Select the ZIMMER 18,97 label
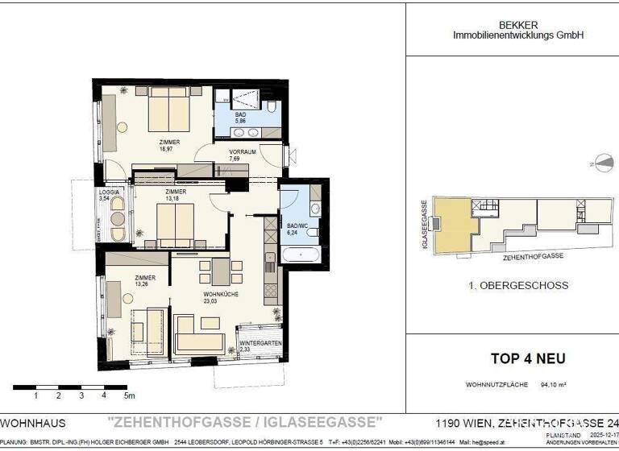tap(168, 145)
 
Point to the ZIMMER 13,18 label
tap(176, 196)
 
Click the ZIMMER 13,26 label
tap(145, 280)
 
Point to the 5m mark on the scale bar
tap(129, 396)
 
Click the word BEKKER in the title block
tap(517, 26)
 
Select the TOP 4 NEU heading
tap(528, 358)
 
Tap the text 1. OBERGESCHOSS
tap(518, 285)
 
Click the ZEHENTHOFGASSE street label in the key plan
tap(533, 255)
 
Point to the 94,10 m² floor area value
tap(553, 386)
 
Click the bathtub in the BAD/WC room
tap(301, 256)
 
